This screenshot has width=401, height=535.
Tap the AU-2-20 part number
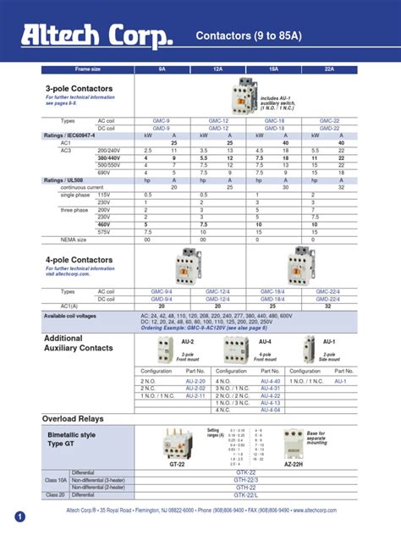click(x=195, y=382)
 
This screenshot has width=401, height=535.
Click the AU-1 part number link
click(x=340, y=382)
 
